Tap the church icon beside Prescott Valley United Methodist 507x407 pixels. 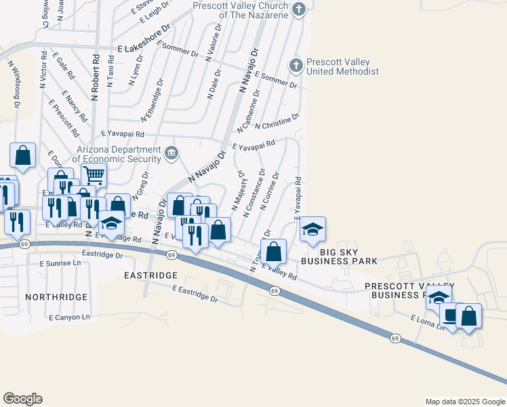pyautogui.click(x=296, y=65)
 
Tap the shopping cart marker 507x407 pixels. pyautogui.click(x=94, y=175)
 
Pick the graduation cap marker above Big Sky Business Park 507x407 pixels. pyautogui.click(x=312, y=229)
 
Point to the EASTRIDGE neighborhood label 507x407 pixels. pyautogui.click(x=151, y=275)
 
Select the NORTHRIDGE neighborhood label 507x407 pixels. pyautogui.click(x=56, y=297)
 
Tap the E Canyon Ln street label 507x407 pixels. pyautogui.click(x=70, y=317)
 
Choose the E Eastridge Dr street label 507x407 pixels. pyautogui.click(x=195, y=294)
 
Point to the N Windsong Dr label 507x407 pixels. pyautogui.click(x=14, y=85)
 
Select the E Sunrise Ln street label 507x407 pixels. pyautogui.click(x=58, y=261)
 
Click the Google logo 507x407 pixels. pyautogui.click(x=22, y=399)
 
